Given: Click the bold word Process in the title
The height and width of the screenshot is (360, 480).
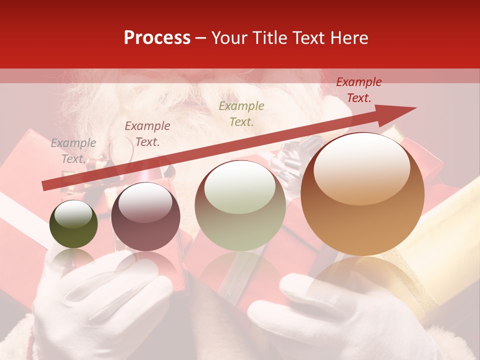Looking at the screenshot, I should (x=157, y=38).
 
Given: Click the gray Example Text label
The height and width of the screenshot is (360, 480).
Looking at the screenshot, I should (x=73, y=151).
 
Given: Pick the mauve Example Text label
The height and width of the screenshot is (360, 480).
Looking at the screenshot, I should (x=147, y=134).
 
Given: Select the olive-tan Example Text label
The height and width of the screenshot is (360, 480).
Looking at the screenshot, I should (x=241, y=113).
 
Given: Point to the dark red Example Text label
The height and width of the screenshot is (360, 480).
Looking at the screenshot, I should (x=358, y=90).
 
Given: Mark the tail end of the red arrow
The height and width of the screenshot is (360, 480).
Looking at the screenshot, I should (x=45, y=185).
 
